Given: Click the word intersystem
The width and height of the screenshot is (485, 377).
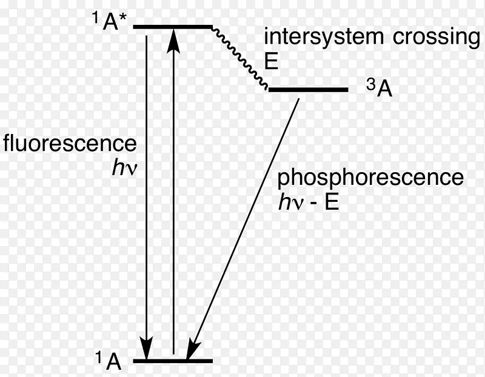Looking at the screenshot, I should [x=322, y=37].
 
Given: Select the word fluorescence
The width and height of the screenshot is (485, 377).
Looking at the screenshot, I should [x=70, y=144].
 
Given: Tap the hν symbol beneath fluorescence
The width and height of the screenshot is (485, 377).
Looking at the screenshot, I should [x=125, y=168].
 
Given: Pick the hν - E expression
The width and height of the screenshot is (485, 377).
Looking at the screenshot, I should [x=308, y=202].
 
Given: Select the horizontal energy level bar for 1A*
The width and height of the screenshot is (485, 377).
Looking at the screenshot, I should [x=172, y=27].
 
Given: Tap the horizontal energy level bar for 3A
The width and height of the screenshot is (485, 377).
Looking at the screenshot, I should [x=308, y=90].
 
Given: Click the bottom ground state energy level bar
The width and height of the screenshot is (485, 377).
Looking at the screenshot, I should [x=173, y=361].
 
